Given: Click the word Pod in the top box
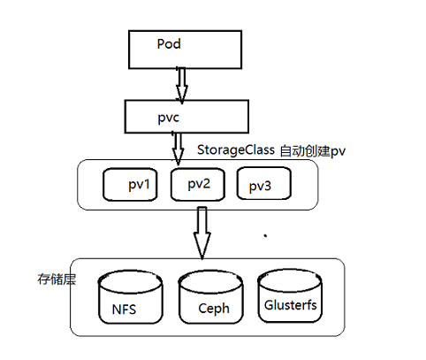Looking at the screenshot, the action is tap(169, 44).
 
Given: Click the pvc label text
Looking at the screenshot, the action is tap(168, 118).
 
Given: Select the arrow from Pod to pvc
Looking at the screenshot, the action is tap(182, 85).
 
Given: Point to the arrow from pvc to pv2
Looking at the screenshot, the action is tap(178, 149).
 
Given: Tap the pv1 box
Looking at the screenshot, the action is tap(130, 185).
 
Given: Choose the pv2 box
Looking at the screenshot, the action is tap(198, 185).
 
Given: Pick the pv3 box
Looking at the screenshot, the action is tap(264, 183).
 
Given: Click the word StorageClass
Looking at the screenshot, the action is tap(236, 149).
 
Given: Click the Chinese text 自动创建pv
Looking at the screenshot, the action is tap(312, 151).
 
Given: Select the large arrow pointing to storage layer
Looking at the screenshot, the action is tap(202, 233).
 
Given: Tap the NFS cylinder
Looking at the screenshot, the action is tap(130, 297).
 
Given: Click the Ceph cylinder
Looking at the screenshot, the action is tap(211, 297).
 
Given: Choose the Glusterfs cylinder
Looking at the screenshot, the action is tap(290, 295).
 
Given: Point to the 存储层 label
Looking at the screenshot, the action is tap(57, 279).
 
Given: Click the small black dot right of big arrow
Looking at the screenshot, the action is tap(265, 235).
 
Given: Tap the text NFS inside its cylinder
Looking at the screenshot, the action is tap(124, 310).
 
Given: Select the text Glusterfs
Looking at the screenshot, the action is tap(291, 305).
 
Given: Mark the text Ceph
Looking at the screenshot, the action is tap(214, 309).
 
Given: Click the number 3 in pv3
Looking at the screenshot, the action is tap(267, 186).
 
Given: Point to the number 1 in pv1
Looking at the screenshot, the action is tap(147, 184).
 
